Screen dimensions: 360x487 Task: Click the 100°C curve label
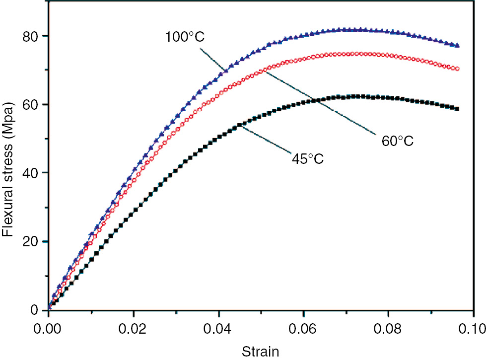click(x=185, y=37)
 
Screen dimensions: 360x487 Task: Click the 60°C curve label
click(x=397, y=141)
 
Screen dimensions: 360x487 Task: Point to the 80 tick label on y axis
click(x=31, y=36)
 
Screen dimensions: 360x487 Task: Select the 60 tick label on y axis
click(x=31, y=105)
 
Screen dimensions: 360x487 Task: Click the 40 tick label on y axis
click(x=31, y=173)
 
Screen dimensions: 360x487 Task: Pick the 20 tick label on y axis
click(x=31, y=241)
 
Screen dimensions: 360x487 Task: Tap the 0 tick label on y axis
click(x=34, y=310)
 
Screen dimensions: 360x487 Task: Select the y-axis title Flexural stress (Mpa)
click(x=8, y=173)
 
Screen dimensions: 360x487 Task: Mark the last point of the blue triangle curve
click(x=457, y=45)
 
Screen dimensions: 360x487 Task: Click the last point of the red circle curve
click(x=457, y=69)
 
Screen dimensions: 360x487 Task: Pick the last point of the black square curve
click(x=457, y=109)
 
